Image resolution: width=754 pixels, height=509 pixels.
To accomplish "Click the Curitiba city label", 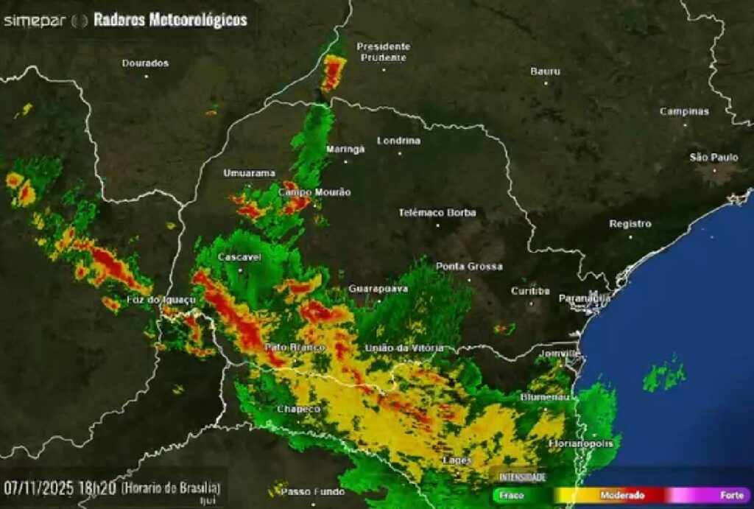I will pos(530,291).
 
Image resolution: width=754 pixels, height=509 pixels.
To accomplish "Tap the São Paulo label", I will pos(714,157).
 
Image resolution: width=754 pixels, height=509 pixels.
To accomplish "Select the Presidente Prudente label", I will pos(383,52).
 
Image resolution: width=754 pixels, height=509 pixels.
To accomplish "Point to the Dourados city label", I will pos(145,63).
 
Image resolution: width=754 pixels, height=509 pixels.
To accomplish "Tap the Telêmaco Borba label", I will pos(437,212).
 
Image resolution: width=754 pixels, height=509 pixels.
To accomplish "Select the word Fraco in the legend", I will pos(512,496).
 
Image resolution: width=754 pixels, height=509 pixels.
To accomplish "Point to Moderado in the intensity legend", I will pos(622,496).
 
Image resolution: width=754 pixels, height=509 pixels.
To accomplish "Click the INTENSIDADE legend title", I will pos(524,477).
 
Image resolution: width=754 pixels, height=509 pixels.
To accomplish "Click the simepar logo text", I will pos(35,20).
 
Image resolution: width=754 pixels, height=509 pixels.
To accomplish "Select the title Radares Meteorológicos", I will pos(170,20).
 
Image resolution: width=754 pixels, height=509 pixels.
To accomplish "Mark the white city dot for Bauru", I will pos(546,83).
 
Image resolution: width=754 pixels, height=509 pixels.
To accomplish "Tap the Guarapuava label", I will pos(378,289).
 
